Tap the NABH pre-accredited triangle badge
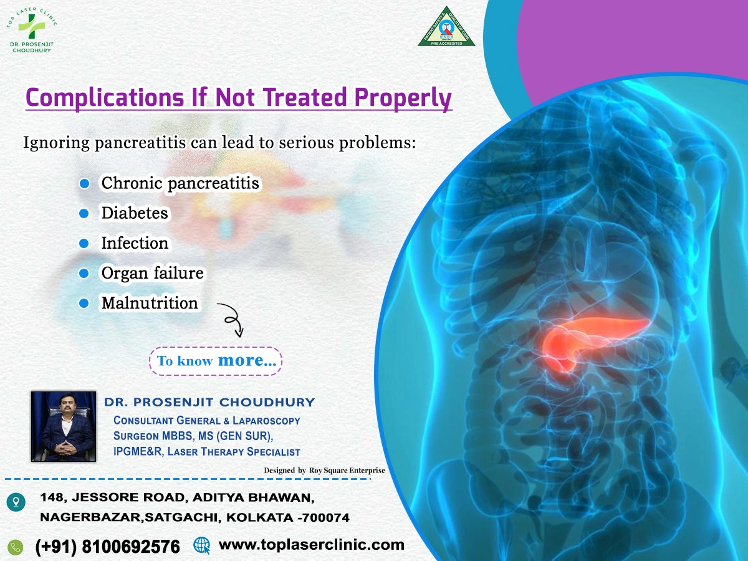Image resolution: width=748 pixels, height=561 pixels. click(446, 27)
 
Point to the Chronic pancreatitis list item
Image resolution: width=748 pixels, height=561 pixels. click(180, 183)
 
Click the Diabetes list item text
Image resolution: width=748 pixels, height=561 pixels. click(135, 213)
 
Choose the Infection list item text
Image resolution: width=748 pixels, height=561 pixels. click(135, 243)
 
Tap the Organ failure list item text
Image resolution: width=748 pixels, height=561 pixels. click(152, 273)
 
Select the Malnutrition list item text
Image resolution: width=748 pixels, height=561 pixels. click(150, 303)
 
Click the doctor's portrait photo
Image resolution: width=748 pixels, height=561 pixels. click(64, 426)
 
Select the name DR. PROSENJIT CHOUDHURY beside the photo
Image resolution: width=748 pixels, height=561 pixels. click(209, 402)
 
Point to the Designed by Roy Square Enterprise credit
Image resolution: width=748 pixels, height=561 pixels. click(324, 470)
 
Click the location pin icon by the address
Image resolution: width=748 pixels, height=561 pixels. click(16, 501)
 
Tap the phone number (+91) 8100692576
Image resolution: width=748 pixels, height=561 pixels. click(108, 547)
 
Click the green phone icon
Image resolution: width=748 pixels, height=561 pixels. click(16, 547)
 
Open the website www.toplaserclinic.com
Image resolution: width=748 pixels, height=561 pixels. click(311, 545)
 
